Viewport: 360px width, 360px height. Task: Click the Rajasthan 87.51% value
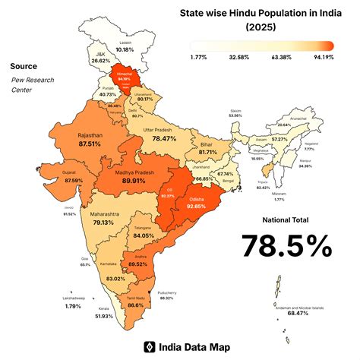click(90, 144)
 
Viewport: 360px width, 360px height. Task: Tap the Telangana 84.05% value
click(144, 235)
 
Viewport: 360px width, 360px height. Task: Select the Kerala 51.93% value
click(104, 315)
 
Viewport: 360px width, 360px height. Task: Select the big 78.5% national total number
click(286, 245)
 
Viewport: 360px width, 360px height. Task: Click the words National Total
click(286, 219)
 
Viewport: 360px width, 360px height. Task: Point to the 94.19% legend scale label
click(322, 55)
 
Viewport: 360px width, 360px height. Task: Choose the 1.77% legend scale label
click(199, 55)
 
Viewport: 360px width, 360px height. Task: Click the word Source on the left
click(24, 66)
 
